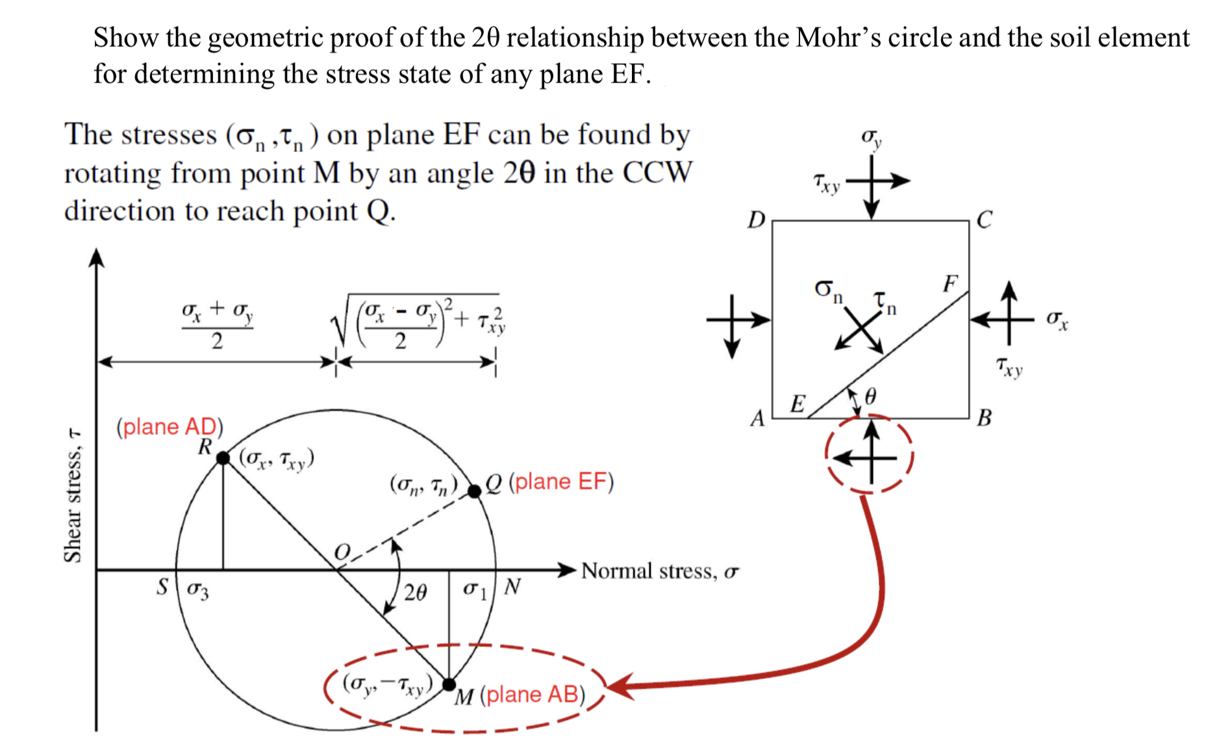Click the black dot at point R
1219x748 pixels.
tap(223, 458)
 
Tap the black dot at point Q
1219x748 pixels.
tap(475, 491)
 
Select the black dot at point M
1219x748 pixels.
tap(449, 684)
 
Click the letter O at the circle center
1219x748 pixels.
tap(342, 552)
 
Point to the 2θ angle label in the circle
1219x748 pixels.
tap(415, 592)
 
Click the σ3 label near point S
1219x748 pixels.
tap(198, 590)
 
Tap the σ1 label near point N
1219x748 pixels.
tap(474, 590)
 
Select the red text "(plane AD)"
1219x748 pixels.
tap(170, 427)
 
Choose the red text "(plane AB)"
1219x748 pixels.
tap(533, 695)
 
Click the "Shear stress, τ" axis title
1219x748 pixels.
tap(73, 495)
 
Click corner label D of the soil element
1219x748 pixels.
tap(756, 220)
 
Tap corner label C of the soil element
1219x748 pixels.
tap(984, 220)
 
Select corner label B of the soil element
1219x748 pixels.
tap(985, 417)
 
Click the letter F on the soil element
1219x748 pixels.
tap(950, 283)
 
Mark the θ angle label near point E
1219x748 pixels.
tap(871, 396)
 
